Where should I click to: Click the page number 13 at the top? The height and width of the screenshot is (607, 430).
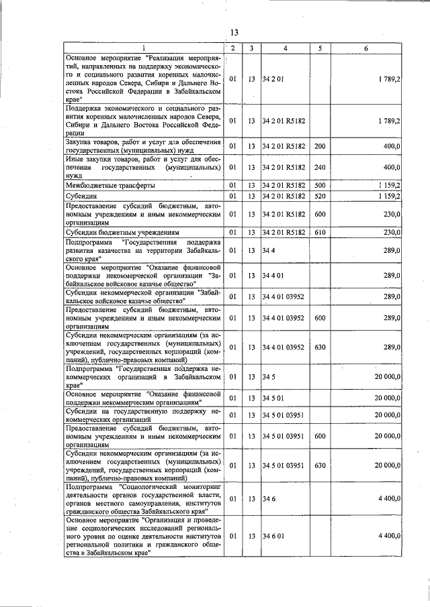pyautogui.click(x=234, y=32)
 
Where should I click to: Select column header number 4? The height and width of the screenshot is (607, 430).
pyautogui.click(x=285, y=48)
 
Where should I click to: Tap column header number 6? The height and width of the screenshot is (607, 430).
pyautogui.click(x=366, y=48)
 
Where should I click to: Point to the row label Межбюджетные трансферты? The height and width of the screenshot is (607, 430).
pyautogui.click(x=110, y=184)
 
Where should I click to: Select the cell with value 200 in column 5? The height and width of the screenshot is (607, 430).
pyautogui.click(x=319, y=146)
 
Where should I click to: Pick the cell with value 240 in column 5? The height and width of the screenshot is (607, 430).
pyautogui.click(x=319, y=166)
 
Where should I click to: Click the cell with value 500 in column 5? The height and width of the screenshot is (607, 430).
pyautogui.click(x=319, y=184)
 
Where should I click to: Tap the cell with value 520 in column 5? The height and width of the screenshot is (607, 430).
pyautogui.click(x=319, y=196)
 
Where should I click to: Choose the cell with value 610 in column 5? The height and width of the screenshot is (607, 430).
pyautogui.click(x=319, y=232)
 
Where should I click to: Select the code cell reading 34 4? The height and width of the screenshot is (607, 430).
pyautogui.click(x=268, y=250)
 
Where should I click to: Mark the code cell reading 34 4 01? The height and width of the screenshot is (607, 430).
pyautogui.click(x=273, y=275)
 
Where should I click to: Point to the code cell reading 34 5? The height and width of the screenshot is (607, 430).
pyautogui.click(x=268, y=377)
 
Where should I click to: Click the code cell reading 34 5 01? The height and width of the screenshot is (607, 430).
pyautogui.click(x=273, y=398)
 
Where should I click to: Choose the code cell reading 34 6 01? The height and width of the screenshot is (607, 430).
pyautogui.click(x=273, y=537)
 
